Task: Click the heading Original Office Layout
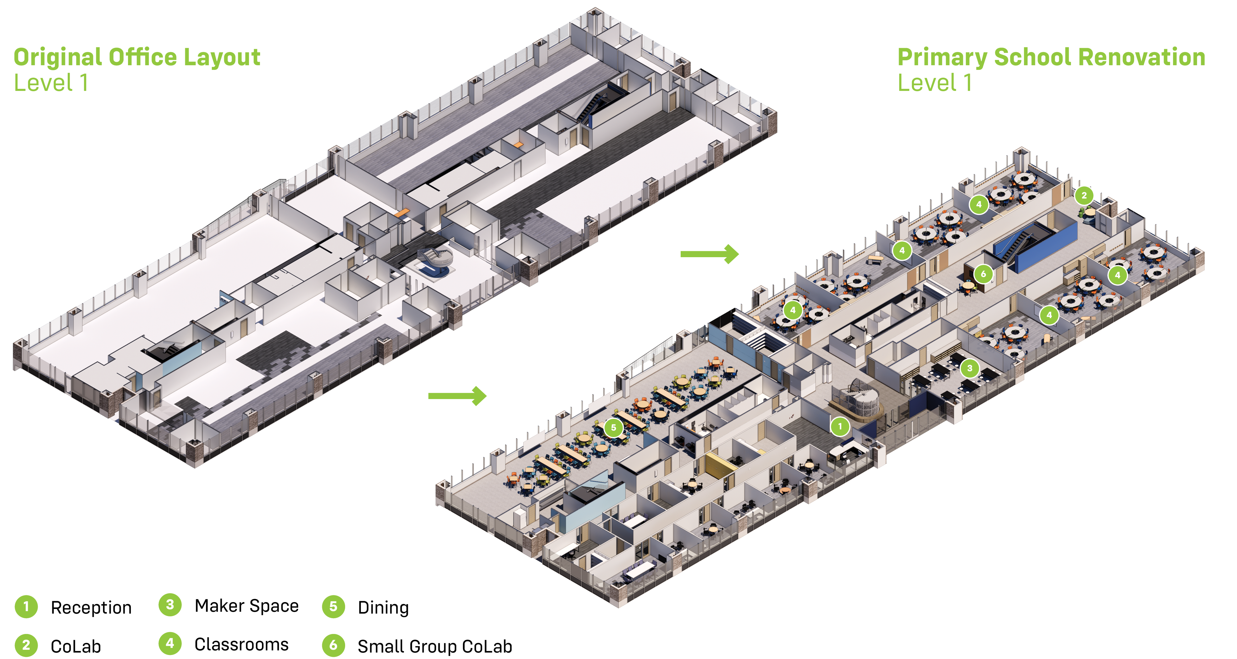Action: pyautogui.click(x=137, y=57)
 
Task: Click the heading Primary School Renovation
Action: pyautogui.click(x=1051, y=57)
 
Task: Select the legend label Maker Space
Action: pyautogui.click(x=246, y=606)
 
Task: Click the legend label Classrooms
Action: pyautogui.click(x=241, y=644)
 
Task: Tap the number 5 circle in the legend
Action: pyautogui.click(x=333, y=607)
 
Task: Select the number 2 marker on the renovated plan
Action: pyautogui.click(x=1084, y=195)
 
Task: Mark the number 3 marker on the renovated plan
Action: pyautogui.click(x=969, y=368)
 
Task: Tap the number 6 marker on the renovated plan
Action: pyautogui.click(x=983, y=274)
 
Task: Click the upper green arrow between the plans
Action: pyautogui.click(x=709, y=254)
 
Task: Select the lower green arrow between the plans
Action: pyautogui.click(x=457, y=396)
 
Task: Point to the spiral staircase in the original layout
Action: pyautogui.click(x=434, y=261)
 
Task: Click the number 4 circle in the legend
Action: pyautogui.click(x=170, y=644)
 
